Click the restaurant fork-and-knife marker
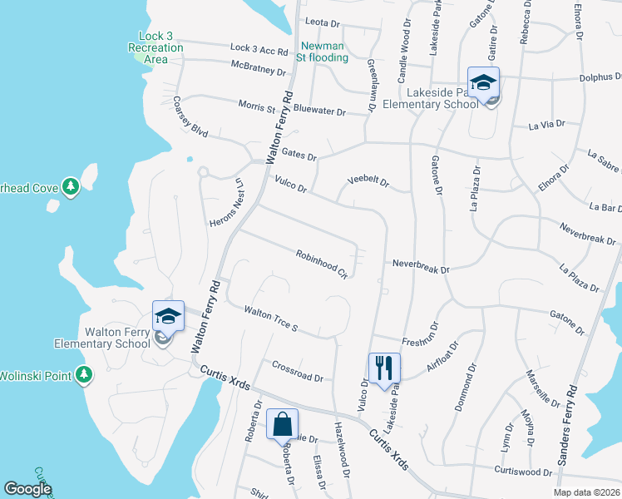click(384, 367)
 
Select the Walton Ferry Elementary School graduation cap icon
click(167, 316)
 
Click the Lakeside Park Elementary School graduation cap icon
click(483, 82)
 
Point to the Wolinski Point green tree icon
click(83, 376)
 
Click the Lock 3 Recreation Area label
click(155, 47)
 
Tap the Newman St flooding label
click(323, 51)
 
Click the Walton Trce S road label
click(270, 319)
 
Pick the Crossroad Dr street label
click(298, 371)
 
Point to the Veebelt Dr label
click(368, 181)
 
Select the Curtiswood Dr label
click(524, 472)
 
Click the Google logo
click(27, 489)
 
